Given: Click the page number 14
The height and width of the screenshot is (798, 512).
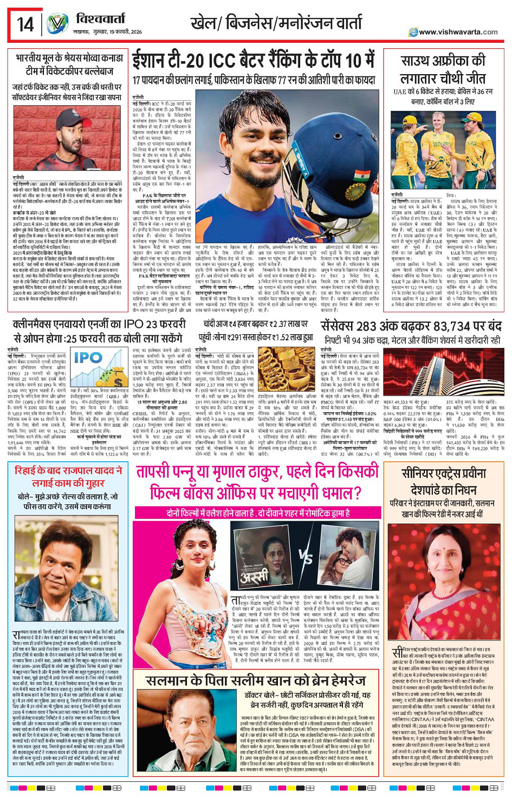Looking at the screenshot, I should click(x=24, y=24).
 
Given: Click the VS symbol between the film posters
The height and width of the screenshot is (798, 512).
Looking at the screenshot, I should click(x=305, y=556).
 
